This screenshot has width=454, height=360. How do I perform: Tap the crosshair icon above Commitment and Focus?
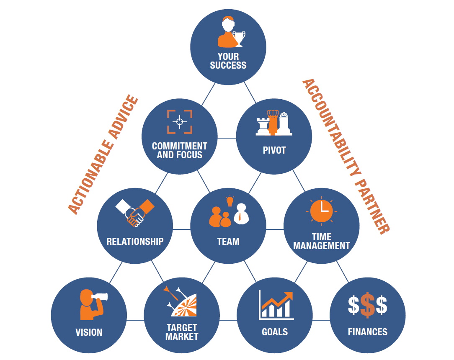[x=180, y=122]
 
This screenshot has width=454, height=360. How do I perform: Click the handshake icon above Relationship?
[x=135, y=213]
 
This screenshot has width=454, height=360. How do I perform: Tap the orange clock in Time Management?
[x=321, y=211]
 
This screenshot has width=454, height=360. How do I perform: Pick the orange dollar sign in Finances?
[x=368, y=305]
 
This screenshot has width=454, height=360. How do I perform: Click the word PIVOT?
[x=274, y=150]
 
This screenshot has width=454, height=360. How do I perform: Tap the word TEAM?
[x=228, y=242]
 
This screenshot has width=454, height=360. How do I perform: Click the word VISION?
[x=89, y=332]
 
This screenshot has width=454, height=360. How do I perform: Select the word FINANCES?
[x=368, y=332]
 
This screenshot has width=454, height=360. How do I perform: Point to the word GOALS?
[x=275, y=332]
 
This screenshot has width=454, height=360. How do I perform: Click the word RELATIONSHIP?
[x=135, y=242]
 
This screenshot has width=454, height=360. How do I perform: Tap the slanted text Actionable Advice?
[x=103, y=154]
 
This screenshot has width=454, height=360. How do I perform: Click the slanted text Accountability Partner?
[x=346, y=156]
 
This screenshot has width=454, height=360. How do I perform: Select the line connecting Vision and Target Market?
[x=135, y=320]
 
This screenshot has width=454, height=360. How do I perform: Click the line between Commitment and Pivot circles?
[x=227, y=138]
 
